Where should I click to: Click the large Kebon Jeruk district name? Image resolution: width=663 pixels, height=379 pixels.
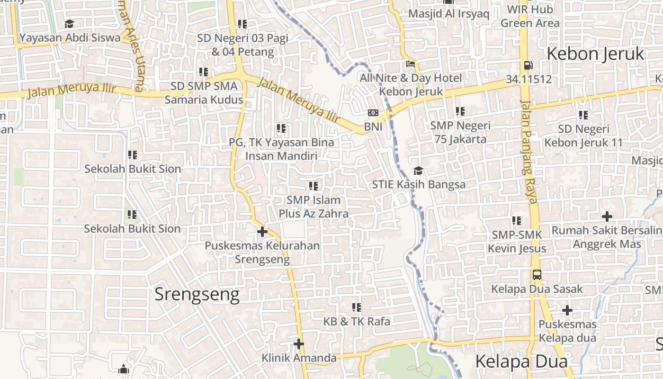(595, 54)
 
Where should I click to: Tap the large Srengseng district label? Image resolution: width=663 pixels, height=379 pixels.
(197, 295)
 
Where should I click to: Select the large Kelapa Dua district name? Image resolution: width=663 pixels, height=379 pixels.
(521, 361)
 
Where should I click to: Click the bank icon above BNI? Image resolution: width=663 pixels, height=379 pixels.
(373, 113)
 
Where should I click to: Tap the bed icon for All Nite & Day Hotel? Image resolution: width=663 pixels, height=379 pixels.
(411, 64)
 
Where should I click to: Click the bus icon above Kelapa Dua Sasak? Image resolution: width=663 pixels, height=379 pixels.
(537, 275)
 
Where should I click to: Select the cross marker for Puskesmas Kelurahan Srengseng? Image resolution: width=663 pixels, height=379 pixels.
(262, 232)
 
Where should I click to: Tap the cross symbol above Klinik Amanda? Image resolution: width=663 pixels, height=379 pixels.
(299, 343)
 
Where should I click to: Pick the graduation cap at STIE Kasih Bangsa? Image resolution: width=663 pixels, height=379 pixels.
(418, 171)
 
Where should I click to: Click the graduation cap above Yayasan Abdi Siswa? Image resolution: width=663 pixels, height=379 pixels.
(70, 24)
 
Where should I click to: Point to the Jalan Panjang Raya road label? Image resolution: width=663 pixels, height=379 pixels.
(529, 152)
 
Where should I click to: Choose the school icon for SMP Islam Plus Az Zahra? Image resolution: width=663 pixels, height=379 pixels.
(313, 186)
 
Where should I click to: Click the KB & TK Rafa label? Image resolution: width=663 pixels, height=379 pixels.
(357, 321)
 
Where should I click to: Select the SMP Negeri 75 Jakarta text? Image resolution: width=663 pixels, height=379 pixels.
(460, 132)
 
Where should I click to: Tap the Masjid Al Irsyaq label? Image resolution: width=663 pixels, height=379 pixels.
(448, 13)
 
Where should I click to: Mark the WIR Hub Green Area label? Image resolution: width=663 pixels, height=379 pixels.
(530, 16)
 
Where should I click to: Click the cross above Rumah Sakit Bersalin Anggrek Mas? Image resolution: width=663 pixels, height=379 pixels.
(607, 217)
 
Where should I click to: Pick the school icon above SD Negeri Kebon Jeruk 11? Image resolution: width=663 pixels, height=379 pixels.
(583, 115)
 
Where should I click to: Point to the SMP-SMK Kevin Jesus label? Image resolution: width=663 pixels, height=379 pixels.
(517, 242)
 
